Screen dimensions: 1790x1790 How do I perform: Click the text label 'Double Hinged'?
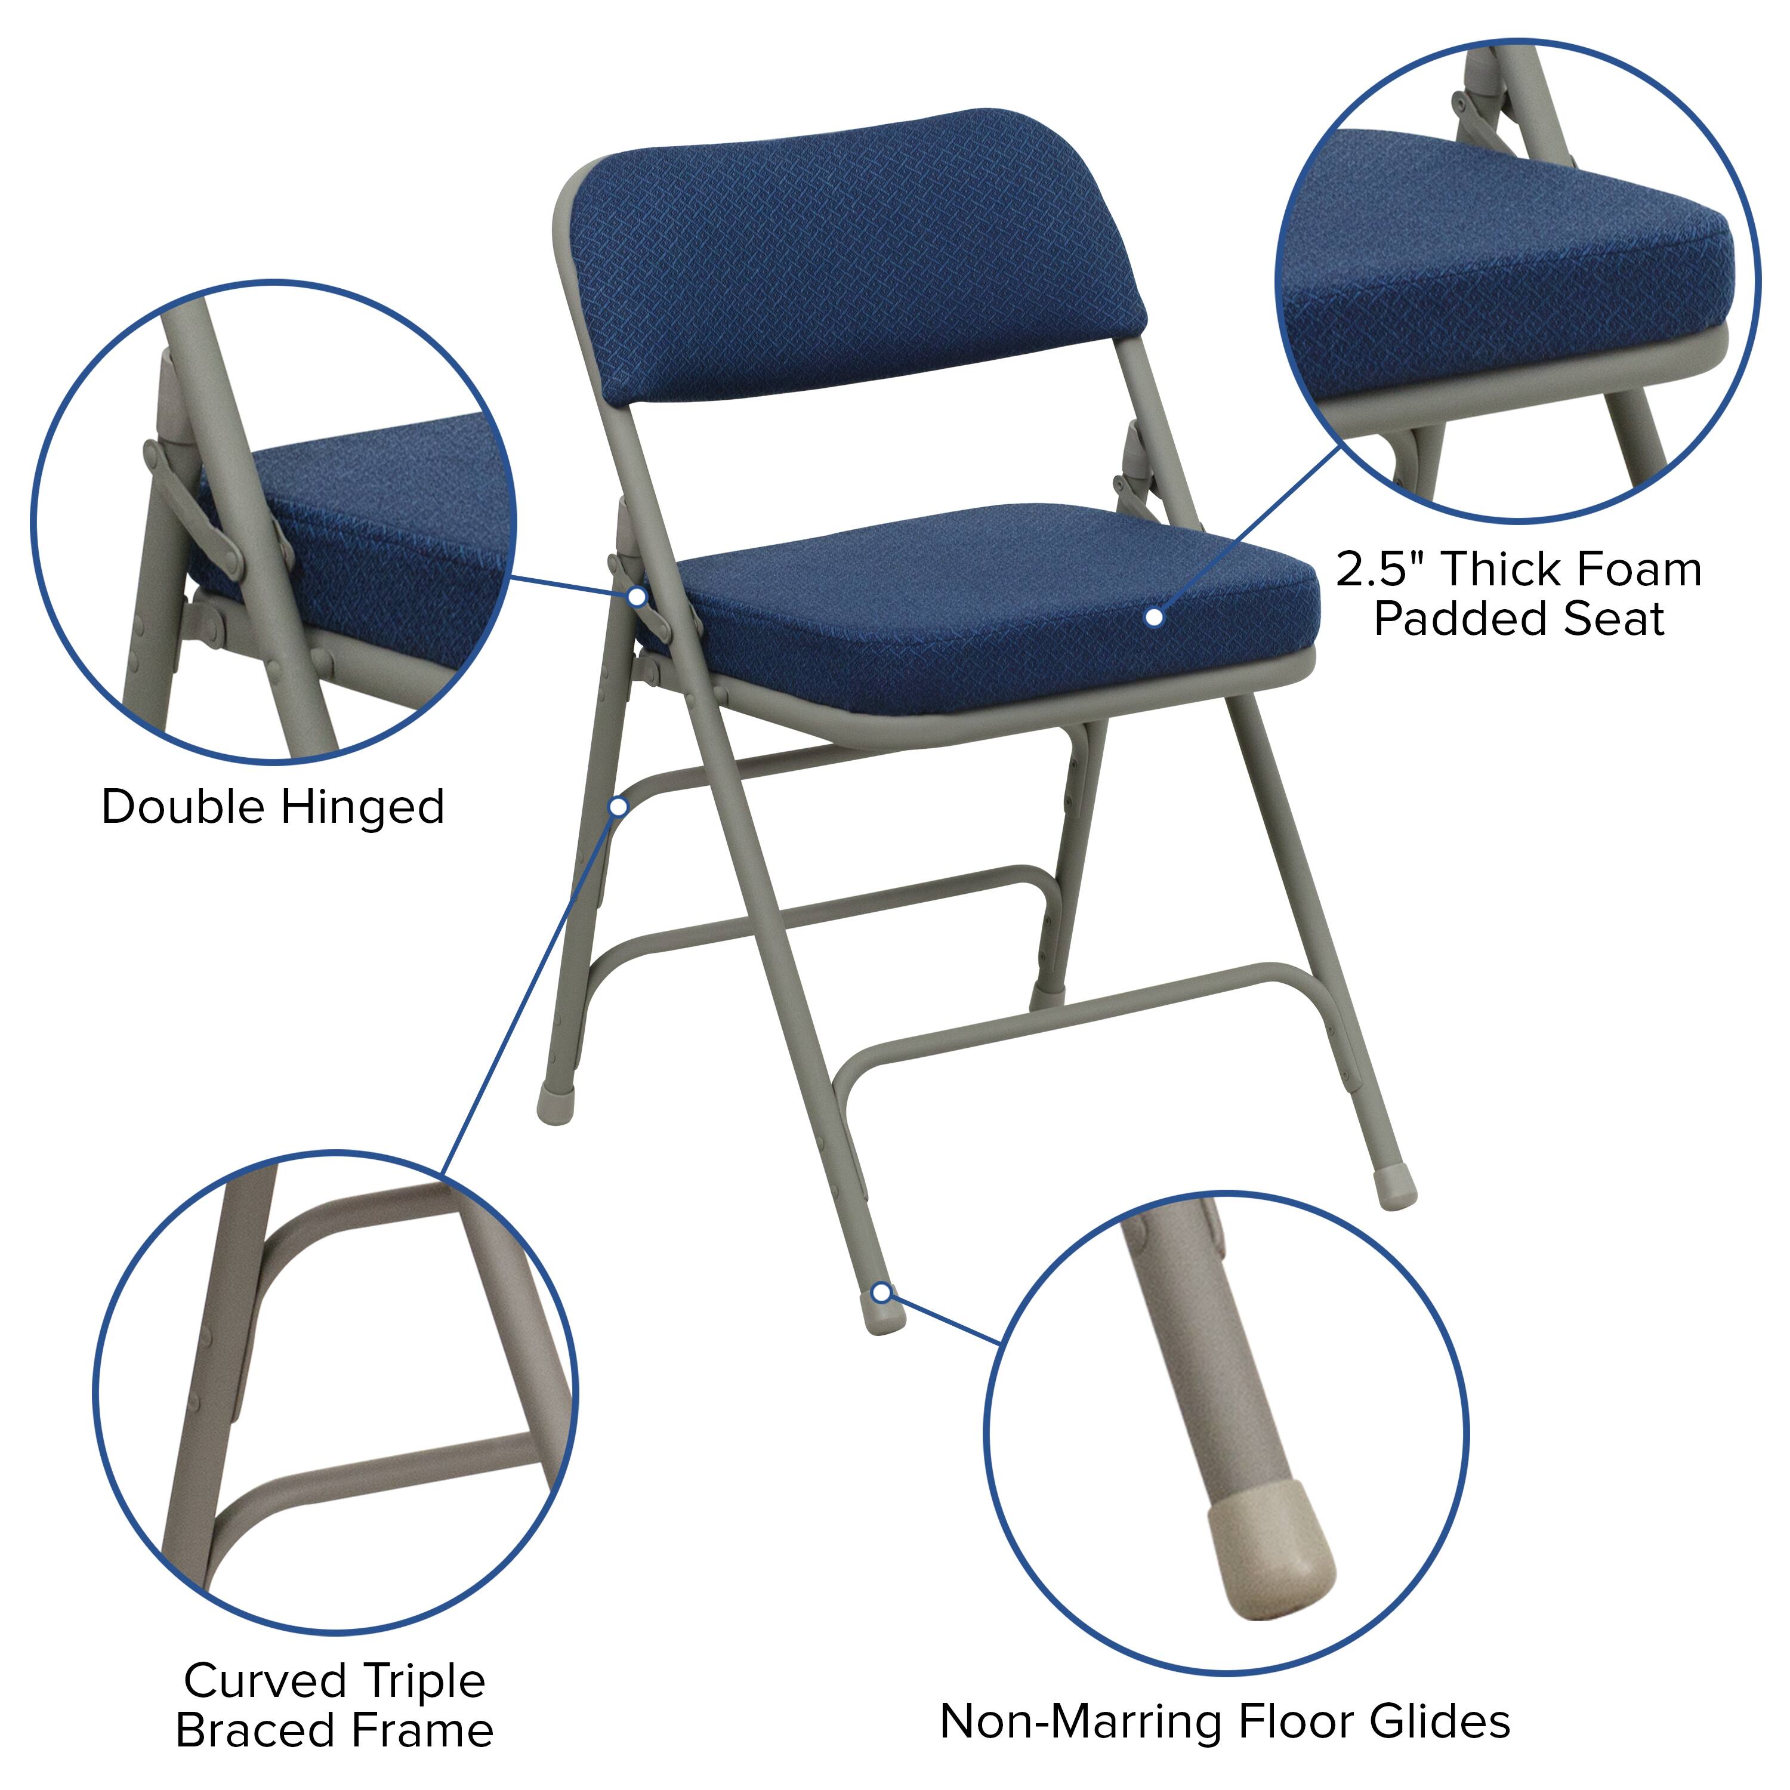pyautogui.click(x=273, y=807)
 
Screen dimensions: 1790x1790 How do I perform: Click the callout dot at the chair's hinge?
pyautogui.click(x=637, y=595)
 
